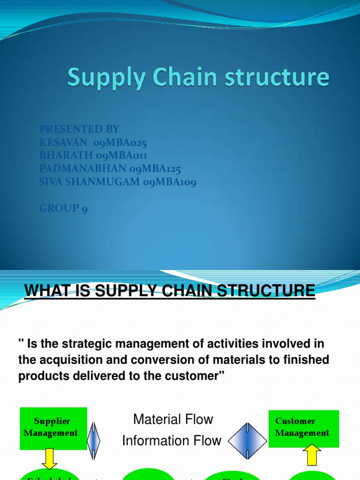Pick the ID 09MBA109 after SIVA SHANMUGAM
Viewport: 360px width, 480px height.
(x=170, y=181)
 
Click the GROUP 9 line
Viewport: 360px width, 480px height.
(x=63, y=208)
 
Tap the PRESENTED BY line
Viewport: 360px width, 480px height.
(x=79, y=129)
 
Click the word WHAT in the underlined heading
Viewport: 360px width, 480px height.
(x=44, y=291)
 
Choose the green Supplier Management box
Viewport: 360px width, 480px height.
(x=52, y=427)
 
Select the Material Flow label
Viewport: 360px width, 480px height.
(x=173, y=420)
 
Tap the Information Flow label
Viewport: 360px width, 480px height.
(x=172, y=441)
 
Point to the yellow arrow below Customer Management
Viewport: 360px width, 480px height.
(x=314, y=454)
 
